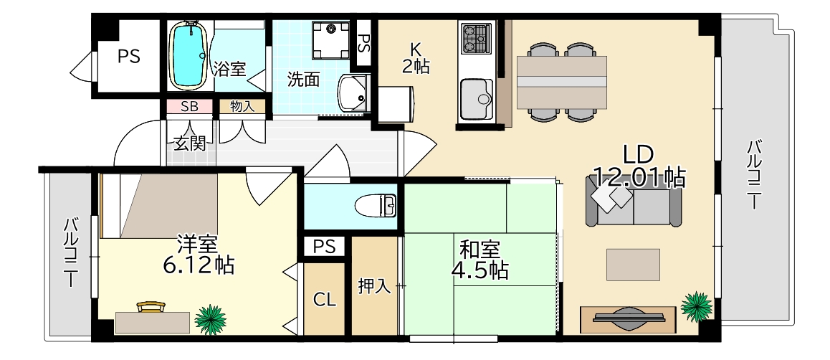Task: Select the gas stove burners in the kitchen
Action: [x=477, y=39]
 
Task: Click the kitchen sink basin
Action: [x=476, y=98]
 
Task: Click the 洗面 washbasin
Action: [x=352, y=93]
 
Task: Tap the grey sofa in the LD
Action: [x=634, y=207]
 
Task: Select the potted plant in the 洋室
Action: [x=211, y=318]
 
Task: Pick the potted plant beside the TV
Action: [x=695, y=306]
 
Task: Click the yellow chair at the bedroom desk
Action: [x=150, y=306]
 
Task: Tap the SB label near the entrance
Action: [x=189, y=107]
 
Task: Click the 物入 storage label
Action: [x=242, y=107]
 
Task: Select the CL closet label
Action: [x=325, y=300]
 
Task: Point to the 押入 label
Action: [x=374, y=288]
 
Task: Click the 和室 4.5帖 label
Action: [x=480, y=260]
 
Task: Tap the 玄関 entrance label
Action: [x=190, y=142]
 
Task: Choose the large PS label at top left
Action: [x=129, y=56]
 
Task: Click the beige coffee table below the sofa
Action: [x=633, y=264]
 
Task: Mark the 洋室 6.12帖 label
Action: [x=199, y=255]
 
